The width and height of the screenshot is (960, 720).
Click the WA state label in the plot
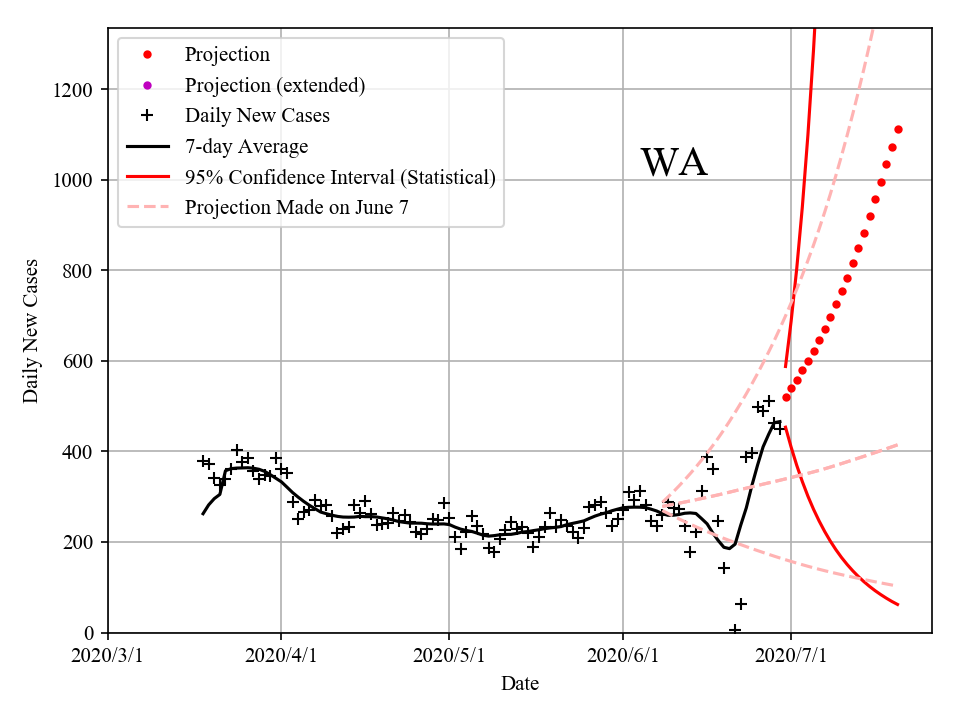[x=674, y=163]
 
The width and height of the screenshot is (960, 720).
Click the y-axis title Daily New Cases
[x=31, y=331]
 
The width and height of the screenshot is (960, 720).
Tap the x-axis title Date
[x=520, y=684]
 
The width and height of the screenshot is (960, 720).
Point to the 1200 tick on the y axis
[x=74, y=90]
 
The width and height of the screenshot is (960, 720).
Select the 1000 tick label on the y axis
[x=74, y=180]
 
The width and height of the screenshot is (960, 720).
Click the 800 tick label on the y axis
[x=79, y=271]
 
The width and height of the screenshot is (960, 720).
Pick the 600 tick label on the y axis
[x=79, y=361]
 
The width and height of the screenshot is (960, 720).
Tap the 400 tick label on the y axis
[x=79, y=452]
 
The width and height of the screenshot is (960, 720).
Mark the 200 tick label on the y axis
[x=79, y=542]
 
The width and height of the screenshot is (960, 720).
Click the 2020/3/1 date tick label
[x=108, y=656]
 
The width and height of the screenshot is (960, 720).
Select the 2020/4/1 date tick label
[x=281, y=656]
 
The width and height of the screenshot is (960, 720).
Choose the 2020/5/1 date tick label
[x=449, y=656]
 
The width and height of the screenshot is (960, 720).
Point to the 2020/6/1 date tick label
[x=623, y=656]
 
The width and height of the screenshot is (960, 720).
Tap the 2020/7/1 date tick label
[x=791, y=656]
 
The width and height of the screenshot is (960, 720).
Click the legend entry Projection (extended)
[x=275, y=85]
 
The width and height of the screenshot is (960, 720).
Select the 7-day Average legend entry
[x=246, y=147]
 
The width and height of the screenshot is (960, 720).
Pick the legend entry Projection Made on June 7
[x=297, y=208]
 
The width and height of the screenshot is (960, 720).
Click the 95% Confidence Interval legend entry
[x=340, y=178]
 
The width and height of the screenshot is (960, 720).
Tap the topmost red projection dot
[x=898, y=129]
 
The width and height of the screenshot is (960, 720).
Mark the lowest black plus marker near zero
[x=735, y=630]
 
